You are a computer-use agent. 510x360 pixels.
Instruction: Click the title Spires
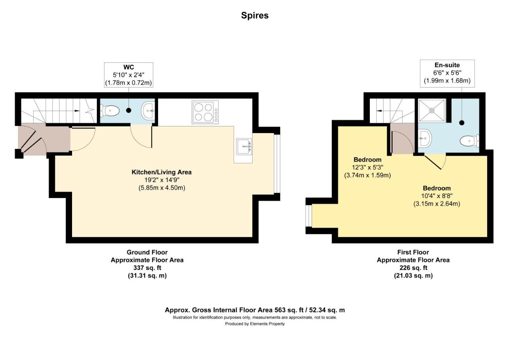(x=255, y=16)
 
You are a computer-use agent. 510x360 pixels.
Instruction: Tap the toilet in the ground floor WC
(x=110, y=111)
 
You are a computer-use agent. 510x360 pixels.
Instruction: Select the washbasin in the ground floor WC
(x=148, y=110)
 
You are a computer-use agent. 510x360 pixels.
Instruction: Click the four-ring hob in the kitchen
(x=205, y=112)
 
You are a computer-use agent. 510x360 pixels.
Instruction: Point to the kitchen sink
(x=244, y=146)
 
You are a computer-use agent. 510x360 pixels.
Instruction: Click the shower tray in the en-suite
(x=432, y=110)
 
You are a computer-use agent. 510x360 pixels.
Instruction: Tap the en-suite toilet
(x=470, y=141)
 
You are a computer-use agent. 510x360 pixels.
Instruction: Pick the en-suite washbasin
(x=425, y=138)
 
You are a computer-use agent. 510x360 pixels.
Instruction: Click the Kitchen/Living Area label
(x=162, y=172)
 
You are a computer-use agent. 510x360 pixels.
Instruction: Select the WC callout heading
(x=129, y=67)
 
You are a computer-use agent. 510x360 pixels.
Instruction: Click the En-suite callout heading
(x=447, y=65)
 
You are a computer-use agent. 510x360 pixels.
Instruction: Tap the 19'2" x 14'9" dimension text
(x=162, y=180)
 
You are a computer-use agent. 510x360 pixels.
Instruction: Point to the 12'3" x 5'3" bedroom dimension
(x=367, y=168)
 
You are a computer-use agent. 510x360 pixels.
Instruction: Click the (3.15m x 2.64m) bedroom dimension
(x=437, y=204)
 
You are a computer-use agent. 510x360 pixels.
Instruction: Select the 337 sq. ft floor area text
(x=147, y=268)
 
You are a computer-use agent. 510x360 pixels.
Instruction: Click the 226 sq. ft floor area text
(x=413, y=268)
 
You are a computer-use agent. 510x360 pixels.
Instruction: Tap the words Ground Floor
(x=147, y=252)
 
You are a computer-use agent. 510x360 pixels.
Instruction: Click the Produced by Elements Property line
(x=255, y=324)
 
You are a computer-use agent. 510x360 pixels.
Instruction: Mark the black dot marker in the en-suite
(x=462, y=123)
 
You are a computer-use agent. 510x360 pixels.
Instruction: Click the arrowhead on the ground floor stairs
(x=77, y=111)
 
